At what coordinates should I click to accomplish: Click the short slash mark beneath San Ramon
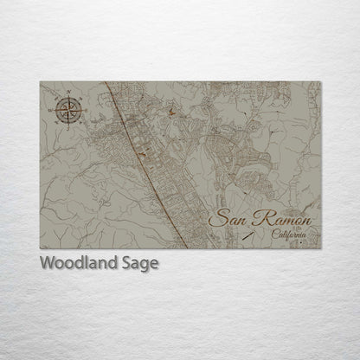tap(248, 234)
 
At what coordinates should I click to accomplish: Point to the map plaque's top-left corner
tap(40, 81)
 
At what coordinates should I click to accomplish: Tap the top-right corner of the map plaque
tap(320, 81)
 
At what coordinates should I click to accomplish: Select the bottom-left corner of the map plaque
tap(40, 249)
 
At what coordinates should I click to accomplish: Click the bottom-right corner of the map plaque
tap(320, 249)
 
